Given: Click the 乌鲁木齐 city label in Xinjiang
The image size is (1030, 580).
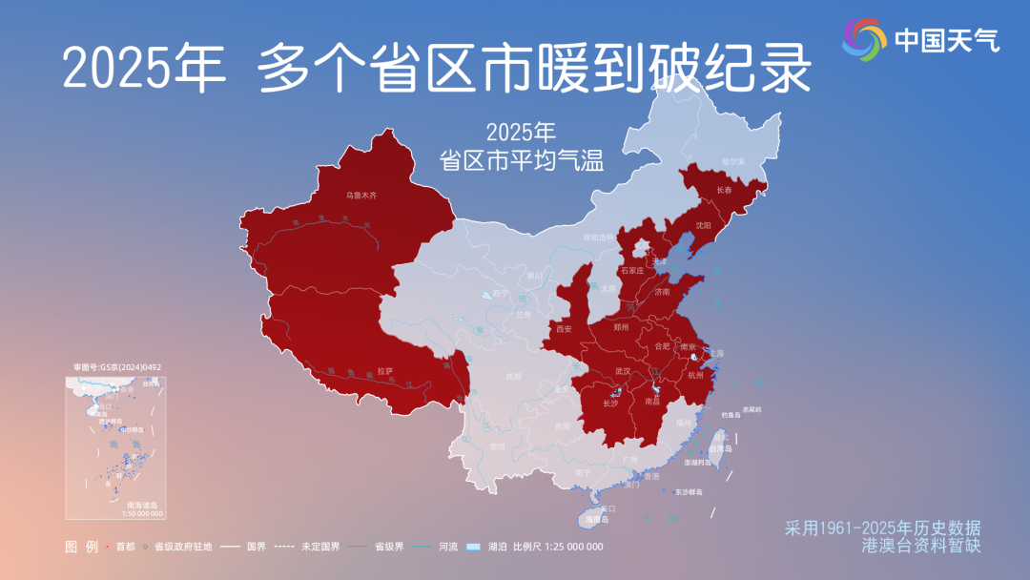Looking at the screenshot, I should [x=361, y=195].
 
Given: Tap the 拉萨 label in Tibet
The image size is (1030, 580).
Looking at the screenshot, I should [x=385, y=370].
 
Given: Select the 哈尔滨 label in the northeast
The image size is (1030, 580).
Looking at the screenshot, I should [x=732, y=161].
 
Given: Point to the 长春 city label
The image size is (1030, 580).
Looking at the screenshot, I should [x=726, y=190].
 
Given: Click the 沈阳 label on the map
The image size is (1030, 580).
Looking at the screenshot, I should [x=704, y=226].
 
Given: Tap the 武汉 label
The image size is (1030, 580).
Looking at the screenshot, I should [x=623, y=370].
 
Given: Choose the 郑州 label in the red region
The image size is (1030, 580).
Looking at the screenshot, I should [x=622, y=327].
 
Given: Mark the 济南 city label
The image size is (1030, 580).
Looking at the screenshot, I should [x=662, y=291].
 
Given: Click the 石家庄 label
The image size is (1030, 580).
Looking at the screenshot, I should [x=632, y=271].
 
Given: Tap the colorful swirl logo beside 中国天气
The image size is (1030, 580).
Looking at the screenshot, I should [x=865, y=38].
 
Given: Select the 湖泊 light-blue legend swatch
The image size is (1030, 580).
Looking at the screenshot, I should [x=473, y=548].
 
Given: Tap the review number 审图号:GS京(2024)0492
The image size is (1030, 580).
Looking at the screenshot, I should [x=117, y=366].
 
